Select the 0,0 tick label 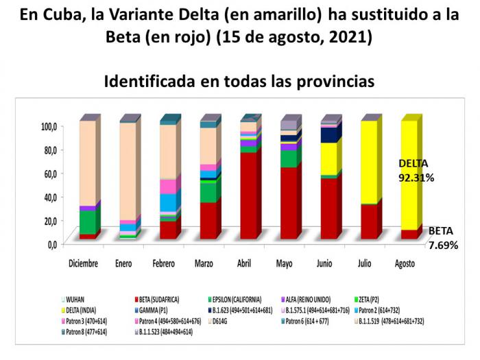(49, 243)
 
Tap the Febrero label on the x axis (165, 263)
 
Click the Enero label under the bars (123, 263)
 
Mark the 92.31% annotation (416, 177)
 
